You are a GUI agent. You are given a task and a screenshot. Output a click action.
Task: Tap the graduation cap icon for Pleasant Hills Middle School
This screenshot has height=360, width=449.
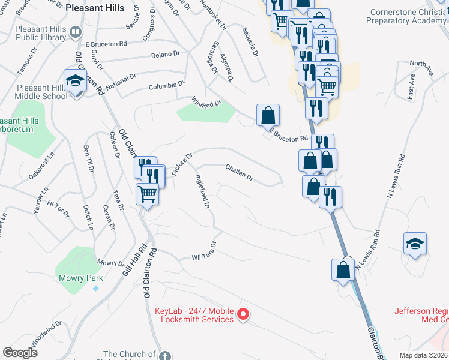[74, 80]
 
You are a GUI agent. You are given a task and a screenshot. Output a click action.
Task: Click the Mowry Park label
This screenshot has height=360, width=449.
[81, 278]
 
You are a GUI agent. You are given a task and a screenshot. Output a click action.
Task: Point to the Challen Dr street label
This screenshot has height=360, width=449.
[240, 172]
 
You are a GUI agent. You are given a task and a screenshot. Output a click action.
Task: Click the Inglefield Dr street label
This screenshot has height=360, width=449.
[202, 191]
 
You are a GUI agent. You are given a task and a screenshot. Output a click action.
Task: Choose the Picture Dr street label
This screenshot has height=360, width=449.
[182, 164]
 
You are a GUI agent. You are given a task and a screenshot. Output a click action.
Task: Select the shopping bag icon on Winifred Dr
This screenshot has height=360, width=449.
[268, 115]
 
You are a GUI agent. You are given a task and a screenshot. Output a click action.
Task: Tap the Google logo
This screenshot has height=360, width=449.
[20, 353]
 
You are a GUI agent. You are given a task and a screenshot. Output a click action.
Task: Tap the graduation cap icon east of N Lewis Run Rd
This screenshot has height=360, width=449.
[415, 244]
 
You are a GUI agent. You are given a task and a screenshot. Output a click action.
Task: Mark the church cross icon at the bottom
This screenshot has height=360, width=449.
[167, 354]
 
